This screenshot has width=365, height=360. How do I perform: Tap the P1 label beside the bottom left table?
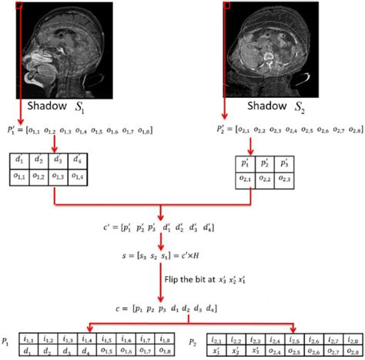(x=7, y=340)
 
